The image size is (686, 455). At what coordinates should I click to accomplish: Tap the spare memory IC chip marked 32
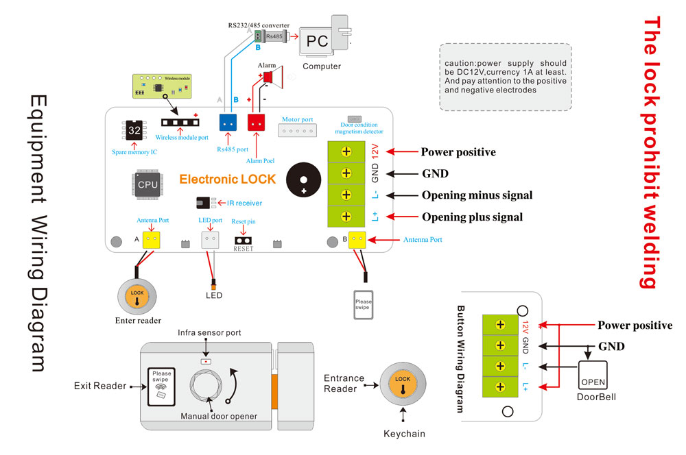point(134,130)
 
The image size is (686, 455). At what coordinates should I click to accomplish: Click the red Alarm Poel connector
point(257,122)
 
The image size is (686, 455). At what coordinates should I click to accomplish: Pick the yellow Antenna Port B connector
point(357,240)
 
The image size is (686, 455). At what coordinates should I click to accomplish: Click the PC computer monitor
point(317,41)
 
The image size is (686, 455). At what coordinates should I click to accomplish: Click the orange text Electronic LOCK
point(227,180)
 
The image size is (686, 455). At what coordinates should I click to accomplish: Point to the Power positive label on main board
point(458,152)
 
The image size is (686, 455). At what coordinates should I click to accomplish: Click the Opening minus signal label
point(476,195)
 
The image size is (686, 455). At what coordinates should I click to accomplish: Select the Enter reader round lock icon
point(138,296)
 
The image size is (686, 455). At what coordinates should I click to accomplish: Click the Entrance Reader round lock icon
point(403,383)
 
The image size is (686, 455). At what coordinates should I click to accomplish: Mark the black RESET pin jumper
point(243,241)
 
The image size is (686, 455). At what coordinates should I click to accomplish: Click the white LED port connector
point(210,240)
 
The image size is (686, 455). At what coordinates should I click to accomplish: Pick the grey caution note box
point(505,77)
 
